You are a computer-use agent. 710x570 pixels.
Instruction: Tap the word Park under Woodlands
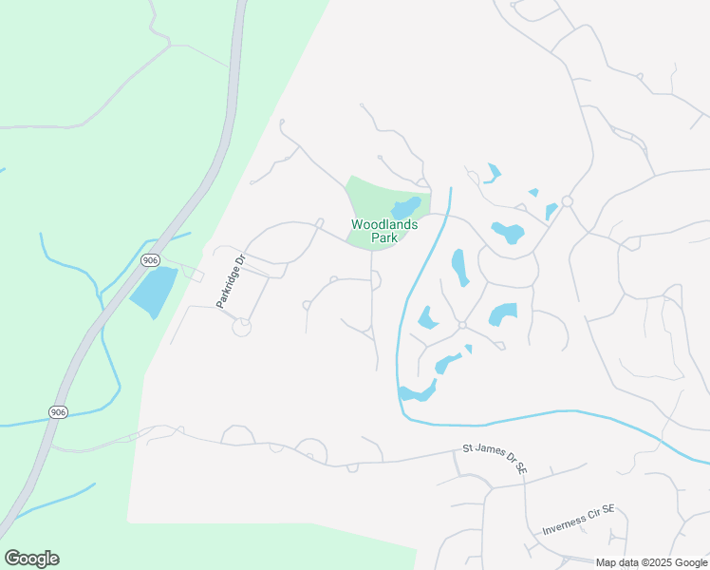[383, 238]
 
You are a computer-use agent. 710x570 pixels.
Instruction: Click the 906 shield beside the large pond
[149, 259]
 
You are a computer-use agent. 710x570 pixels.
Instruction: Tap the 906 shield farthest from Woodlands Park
[59, 411]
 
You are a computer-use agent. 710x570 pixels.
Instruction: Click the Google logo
[31, 559]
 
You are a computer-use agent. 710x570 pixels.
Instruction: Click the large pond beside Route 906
[154, 292]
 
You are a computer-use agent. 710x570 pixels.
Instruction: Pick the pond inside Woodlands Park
[406, 207]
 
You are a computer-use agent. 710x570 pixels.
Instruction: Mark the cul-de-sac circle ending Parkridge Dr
[242, 327]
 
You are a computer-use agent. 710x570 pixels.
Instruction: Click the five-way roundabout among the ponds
[462, 325]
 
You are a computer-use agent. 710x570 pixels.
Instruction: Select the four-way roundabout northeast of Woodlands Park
[567, 201]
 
